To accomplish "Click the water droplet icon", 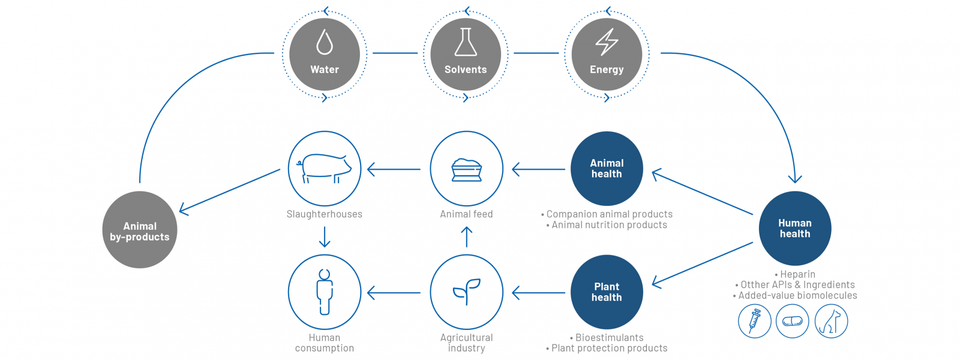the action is point(325,42).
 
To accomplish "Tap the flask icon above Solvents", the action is point(466,42).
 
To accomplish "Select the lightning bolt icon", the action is point(607,42).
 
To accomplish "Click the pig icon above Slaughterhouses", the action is point(324,169).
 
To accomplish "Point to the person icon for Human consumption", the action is point(325,292).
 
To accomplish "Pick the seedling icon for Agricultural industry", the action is point(467,292).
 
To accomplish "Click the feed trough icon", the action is point(466,170).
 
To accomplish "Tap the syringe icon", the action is point(755,321).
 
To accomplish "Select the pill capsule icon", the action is point(793,321).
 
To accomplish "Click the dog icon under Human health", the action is point(831,321).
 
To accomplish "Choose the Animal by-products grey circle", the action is point(140,230).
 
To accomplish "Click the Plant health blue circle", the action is point(607,292).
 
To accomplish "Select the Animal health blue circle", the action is point(607,169).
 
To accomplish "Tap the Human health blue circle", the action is point(795,229).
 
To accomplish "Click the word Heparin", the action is point(797,274).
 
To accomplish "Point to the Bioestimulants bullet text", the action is point(607,338).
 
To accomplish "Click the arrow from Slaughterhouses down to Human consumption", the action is point(325,237).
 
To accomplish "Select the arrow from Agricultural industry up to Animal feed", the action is point(466,237).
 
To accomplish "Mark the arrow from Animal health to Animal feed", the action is point(539,169).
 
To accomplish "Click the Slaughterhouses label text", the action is point(325,214).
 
